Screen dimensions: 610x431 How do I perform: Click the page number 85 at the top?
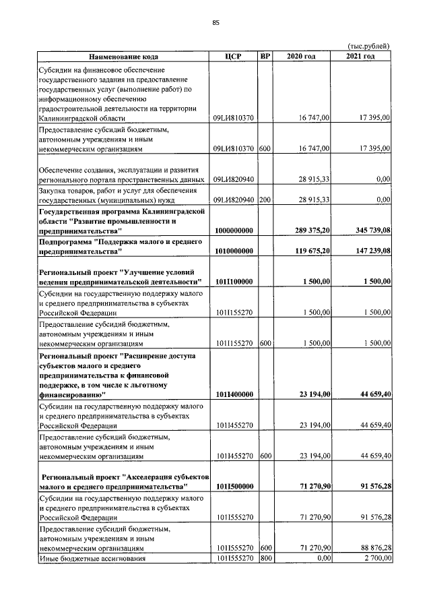(x=215, y=23)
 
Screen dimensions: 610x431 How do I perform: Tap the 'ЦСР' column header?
(x=234, y=56)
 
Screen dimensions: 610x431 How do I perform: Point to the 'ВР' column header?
(x=265, y=56)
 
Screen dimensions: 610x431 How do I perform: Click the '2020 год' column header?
(x=301, y=56)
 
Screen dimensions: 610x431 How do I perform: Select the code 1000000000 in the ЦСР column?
(x=234, y=231)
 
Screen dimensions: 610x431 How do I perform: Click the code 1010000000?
(x=234, y=251)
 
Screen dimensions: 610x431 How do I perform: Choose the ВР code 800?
(x=265, y=558)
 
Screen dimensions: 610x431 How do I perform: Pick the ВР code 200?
(x=265, y=200)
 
